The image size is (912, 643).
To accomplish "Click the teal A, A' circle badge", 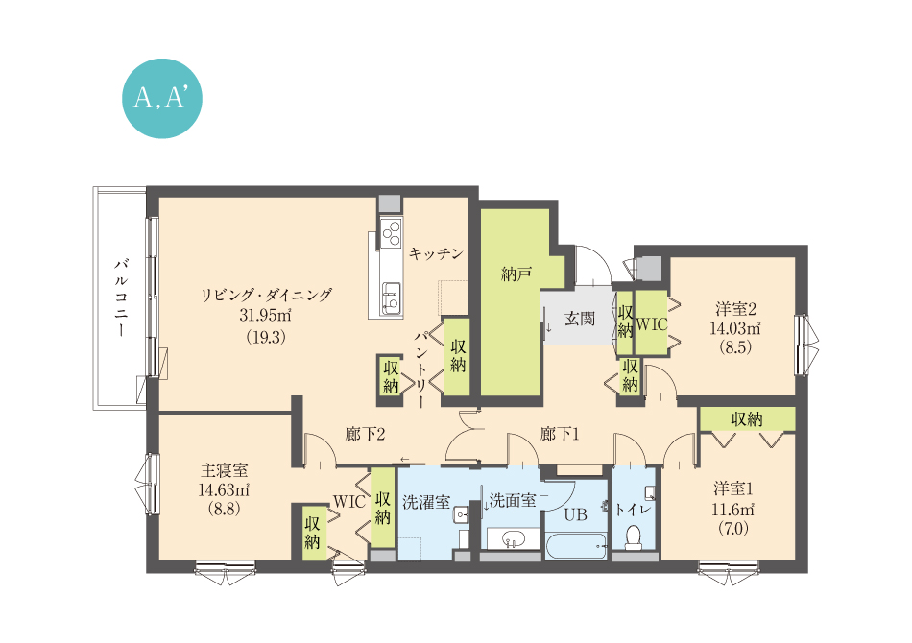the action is click(162, 98).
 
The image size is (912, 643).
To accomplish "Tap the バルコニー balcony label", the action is click(122, 298).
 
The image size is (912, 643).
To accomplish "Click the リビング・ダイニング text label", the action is click(266, 295).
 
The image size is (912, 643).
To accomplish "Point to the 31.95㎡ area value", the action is click(265, 316).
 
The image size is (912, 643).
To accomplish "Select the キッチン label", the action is click(436, 253).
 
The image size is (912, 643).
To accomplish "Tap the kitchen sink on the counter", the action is click(391, 298).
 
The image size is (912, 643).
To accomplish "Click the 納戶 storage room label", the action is click(516, 274).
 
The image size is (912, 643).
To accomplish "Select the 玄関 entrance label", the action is click(579, 319).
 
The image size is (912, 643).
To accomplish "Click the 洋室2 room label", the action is click(735, 309).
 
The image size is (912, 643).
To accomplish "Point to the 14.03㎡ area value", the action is click(735, 328).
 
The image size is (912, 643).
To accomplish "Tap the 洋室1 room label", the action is click(733, 488).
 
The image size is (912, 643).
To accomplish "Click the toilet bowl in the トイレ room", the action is click(633, 538).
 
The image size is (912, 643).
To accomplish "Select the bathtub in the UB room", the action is click(577, 546).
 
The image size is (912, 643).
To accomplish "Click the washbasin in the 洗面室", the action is click(513, 539).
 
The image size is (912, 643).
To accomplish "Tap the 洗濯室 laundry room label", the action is click(426, 502).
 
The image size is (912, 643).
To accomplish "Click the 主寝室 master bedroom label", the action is click(225, 469).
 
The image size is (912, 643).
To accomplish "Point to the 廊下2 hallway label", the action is click(365, 435).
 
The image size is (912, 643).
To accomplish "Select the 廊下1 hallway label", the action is click(560, 435).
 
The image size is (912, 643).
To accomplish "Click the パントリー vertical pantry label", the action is click(422, 369).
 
